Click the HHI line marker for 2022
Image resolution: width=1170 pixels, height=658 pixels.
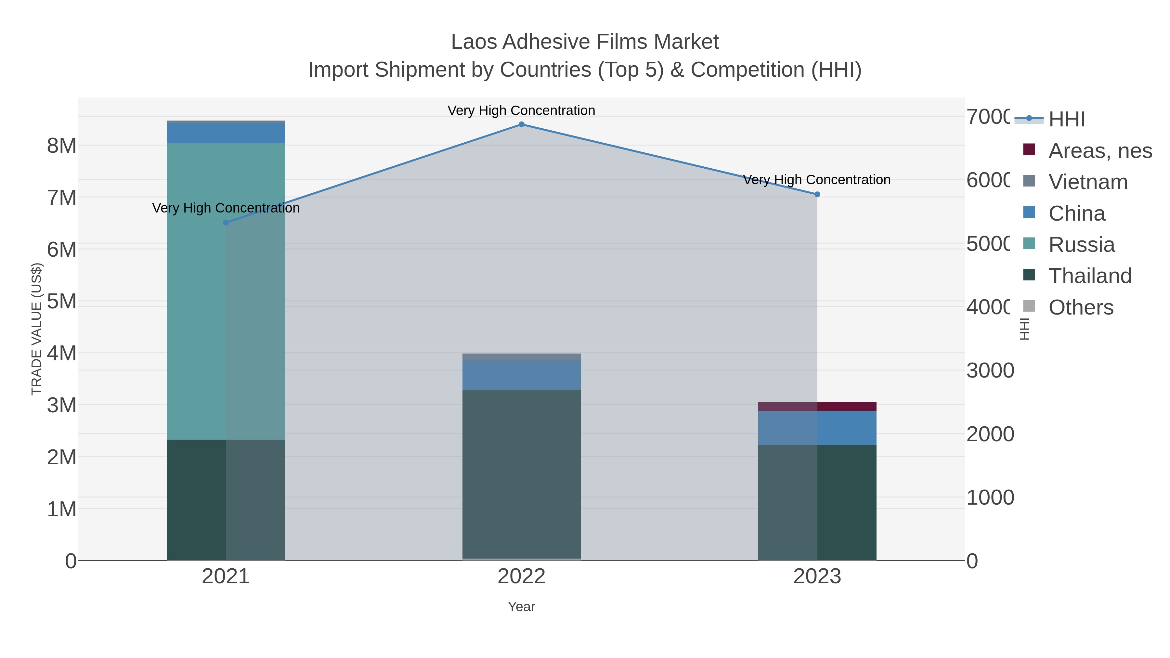(x=521, y=124)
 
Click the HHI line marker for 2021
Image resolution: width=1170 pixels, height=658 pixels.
(x=226, y=223)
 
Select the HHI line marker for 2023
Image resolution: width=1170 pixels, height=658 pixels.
(x=817, y=194)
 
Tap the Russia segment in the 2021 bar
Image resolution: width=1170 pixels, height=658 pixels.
(x=226, y=290)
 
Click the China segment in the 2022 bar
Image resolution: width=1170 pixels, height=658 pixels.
(x=521, y=375)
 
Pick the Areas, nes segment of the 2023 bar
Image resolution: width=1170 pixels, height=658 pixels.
(x=817, y=406)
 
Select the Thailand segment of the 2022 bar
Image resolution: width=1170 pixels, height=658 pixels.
(x=521, y=474)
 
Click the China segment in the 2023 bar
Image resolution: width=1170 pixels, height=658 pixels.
(x=817, y=428)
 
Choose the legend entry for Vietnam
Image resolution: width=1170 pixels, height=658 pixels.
(x=1088, y=182)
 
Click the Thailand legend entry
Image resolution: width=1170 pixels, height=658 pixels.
(x=1090, y=276)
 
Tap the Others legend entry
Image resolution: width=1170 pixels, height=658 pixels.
(x=1081, y=307)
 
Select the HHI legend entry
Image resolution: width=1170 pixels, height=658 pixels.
(x=1066, y=120)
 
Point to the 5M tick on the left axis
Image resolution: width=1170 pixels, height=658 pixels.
(x=62, y=302)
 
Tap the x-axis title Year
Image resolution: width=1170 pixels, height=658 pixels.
(x=521, y=607)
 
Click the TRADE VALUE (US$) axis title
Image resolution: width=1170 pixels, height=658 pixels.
(x=36, y=329)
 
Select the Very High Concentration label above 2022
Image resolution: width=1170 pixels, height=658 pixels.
(x=521, y=110)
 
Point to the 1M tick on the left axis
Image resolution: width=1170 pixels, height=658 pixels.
(x=62, y=510)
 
